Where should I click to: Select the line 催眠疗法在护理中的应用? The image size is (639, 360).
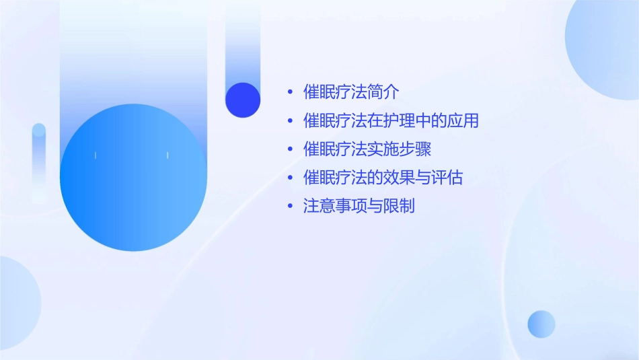pyautogui.click(x=391, y=121)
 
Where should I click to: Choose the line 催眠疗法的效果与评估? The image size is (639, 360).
pyautogui.click(x=383, y=178)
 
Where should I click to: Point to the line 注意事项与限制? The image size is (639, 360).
pyautogui.click(x=359, y=206)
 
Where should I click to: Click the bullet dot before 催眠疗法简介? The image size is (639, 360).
pyautogui.click(x=290, y=93)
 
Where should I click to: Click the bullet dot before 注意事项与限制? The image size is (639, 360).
pyautogui.click(x=290, y=207)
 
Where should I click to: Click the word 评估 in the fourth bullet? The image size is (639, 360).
pyautogui.click(x=448, y=178)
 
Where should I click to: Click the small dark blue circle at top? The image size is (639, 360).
pyautogui.click(x=243, y=100)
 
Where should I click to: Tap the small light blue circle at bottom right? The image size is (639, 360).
pyautogui.click(x=541, y=324)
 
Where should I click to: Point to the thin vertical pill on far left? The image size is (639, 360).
pyautogui.click(x=39, y=161)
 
